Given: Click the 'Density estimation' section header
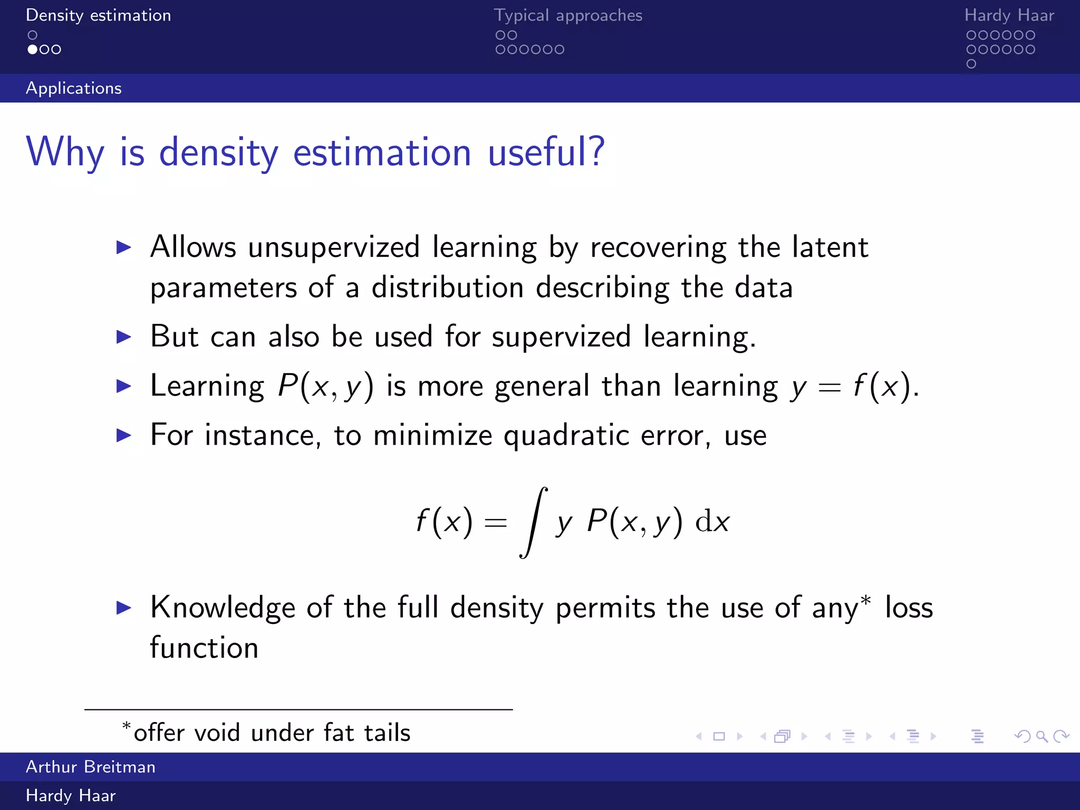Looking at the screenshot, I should tap(98, 15).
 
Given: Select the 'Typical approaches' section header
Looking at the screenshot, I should tap(568, 15).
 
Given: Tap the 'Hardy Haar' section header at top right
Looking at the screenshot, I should tap(1009, 15).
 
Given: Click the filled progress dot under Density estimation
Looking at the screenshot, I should tap(33, 50).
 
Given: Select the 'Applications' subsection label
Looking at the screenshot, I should tap(74, 88).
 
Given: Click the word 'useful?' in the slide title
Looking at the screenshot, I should tap(546, 152).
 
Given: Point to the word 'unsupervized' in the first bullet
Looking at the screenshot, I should tap(334, 247).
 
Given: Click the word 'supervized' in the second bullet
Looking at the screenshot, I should tap(561, 336).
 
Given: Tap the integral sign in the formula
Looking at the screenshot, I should tap(533, 522).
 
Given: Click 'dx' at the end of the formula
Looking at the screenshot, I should tap(712, 522).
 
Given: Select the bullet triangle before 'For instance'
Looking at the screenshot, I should tap(123, 435).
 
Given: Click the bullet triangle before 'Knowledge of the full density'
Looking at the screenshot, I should tap(123, 607).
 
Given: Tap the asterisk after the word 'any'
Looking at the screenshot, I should tap(865, 601).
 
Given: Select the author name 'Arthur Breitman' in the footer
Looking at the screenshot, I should tap(91, 767).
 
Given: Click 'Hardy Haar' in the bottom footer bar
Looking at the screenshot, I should tap(71, 795).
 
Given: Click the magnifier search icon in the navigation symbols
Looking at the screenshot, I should tap(1042, 736).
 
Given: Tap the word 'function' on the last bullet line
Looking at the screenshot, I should tap(204, 648).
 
